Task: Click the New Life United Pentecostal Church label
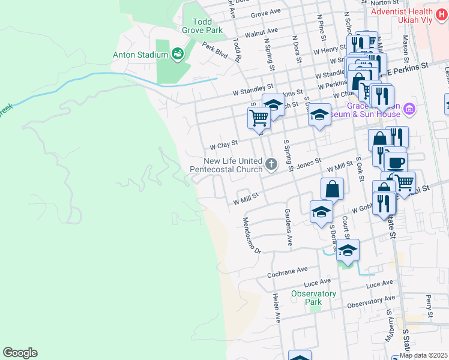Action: pyautogui.click(x=226, y=165)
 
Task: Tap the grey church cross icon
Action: pyautogui.click(x=272, y=163)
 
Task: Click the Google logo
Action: pyautogui.click(x=20, y=353)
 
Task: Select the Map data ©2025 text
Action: pyautogui.click(x=423, y=355)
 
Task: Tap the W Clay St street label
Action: pyautogui.click(x=223, y=145)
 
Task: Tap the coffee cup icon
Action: pyautogui.click(x=396, y=163)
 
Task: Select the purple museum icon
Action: pyautogui.click(x=410, y=109)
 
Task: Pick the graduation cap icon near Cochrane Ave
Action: pyautogui.click(x=348, y=250)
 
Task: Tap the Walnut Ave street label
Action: pyautogui.click(x=265, y=31)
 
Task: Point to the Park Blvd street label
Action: pyautogui.click(x=214, y=50)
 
